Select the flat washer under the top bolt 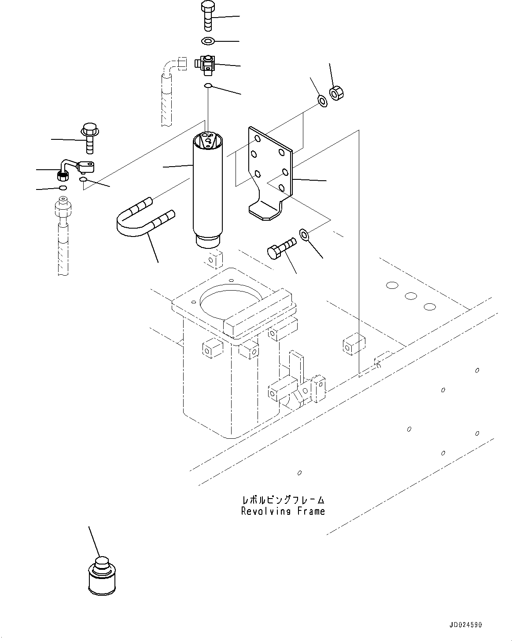(208, 41)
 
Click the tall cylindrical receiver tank (207, 189)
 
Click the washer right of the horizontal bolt (305, 234)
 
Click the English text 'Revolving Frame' (283, 511)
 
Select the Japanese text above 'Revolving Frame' (283, 500)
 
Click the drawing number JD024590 (466, 624)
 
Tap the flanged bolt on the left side (89, 138)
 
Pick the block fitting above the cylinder (206, 63)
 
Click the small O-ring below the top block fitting (208, 85)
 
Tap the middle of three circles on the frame (410, 296)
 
